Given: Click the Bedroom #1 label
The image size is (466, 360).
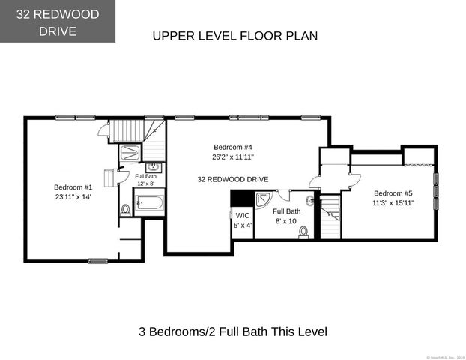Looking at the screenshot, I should (x=73, y=187).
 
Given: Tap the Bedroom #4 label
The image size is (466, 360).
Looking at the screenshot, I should (x=232, y=147).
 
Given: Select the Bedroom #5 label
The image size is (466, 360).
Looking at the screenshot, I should (x=393, y=192).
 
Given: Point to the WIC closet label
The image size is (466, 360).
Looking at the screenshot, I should (x=241, y=215).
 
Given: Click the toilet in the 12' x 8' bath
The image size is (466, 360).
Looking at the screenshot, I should (x=124, y=209).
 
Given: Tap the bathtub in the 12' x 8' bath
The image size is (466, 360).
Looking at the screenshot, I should (x=150, y=202).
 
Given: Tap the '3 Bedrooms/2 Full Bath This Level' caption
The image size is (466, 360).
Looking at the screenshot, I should (x=233, y=331).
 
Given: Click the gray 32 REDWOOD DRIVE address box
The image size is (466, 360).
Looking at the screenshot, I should (x=58, y=21).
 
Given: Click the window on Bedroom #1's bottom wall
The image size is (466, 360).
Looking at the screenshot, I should (x=97, y=261).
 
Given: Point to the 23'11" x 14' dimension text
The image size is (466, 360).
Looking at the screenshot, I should (x=73, y=197).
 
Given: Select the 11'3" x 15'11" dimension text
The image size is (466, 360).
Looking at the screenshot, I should (x=393, y=202).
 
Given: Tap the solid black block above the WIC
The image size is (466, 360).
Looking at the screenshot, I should (x=241, y=198).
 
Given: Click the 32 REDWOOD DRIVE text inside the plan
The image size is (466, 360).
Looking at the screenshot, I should (x=233, y=179).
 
